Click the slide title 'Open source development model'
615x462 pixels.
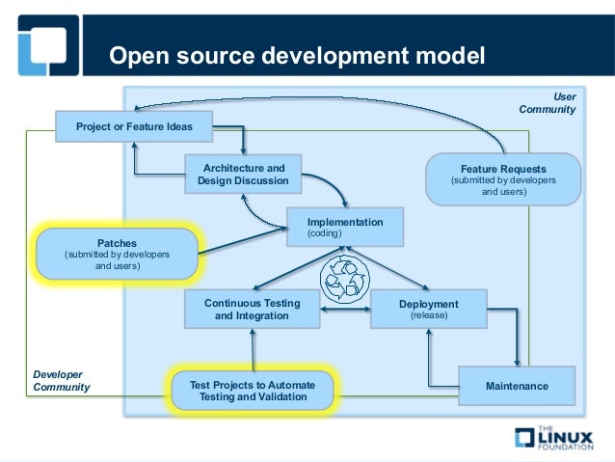297,55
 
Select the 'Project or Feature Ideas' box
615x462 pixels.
135,126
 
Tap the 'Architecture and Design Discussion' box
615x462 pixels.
242,175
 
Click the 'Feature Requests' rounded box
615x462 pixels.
503,179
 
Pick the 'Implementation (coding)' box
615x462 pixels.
344,228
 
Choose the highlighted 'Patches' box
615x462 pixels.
117,255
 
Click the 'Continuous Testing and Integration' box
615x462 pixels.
252,310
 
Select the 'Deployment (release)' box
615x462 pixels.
428,310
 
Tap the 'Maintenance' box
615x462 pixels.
517,386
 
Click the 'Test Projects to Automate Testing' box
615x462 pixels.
252,391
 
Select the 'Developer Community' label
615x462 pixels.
62,380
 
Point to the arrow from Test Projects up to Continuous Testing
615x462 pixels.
253,350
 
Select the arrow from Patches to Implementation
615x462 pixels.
241,242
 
